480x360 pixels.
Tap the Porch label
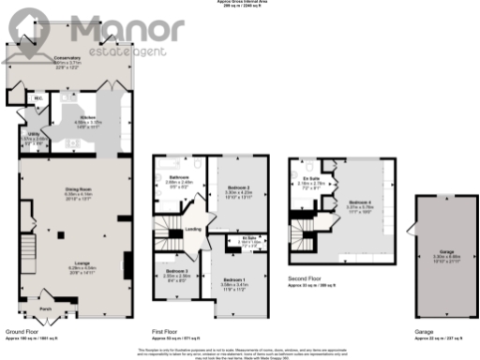point(45,306)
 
